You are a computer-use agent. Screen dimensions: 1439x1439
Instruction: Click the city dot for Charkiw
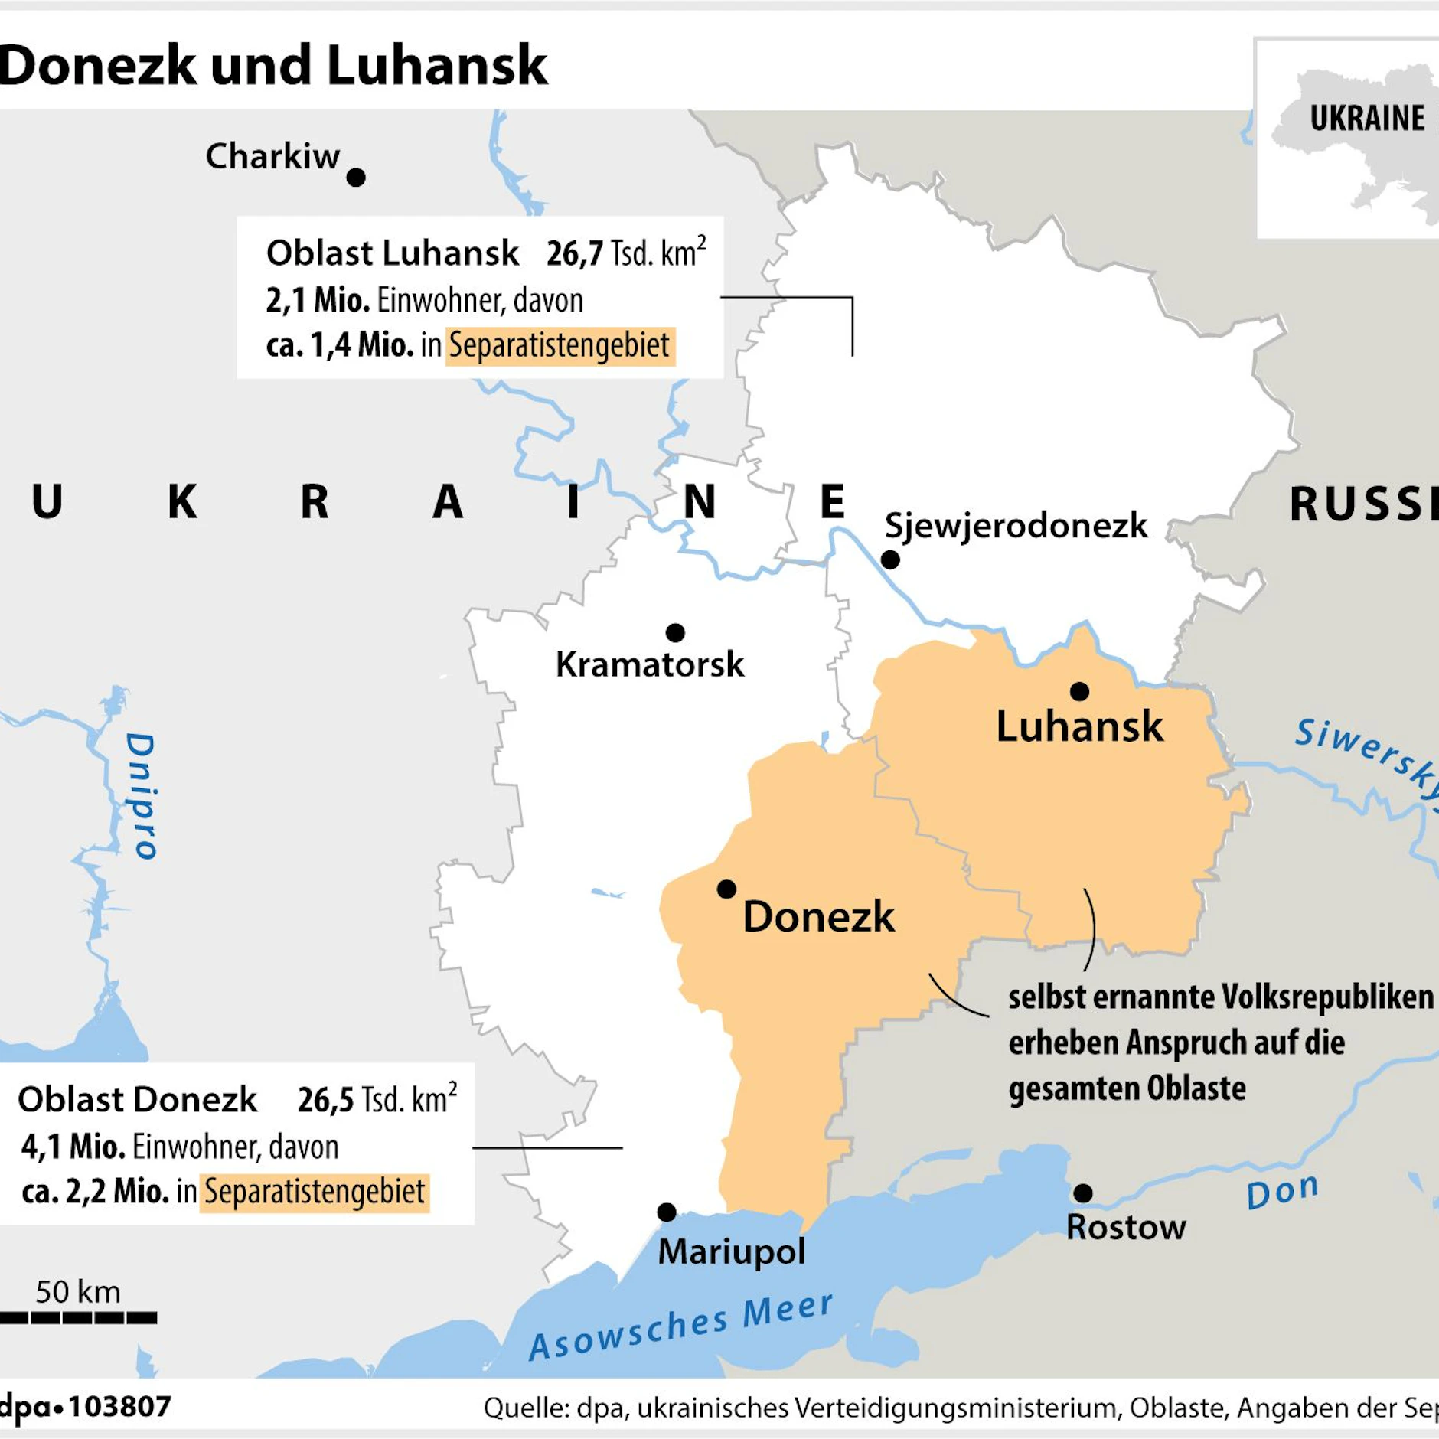[x=356, y=178]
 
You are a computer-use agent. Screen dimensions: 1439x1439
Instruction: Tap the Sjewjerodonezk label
[x=1016, y=526]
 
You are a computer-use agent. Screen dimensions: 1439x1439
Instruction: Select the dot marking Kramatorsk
[x=675, y=633]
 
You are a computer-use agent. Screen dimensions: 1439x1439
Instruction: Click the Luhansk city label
[x=1079, y=726]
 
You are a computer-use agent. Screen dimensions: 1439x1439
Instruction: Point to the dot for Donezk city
[x=726, y=889]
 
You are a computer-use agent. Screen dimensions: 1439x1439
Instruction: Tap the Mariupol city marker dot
[x=667, y=1212]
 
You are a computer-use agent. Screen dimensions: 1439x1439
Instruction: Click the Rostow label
[x=1126, y=1228]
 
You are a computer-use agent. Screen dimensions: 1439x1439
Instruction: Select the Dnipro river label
[x=141, y=796]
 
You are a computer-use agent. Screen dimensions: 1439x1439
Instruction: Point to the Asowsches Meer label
[x=681, y=1326]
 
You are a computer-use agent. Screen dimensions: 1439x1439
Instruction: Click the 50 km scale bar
[x=78, y=1317]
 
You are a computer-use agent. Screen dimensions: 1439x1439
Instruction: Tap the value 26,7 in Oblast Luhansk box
[x=574, y=253]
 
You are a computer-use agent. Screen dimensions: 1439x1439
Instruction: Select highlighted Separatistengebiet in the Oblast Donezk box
[x=315, y=1192]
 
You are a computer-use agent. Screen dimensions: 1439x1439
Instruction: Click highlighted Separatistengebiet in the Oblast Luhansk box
[x=560, y=345]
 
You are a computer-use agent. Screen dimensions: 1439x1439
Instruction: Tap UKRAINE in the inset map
[x=1367, y=119]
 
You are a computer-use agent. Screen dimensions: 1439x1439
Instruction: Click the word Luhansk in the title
[x=437, y=66]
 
